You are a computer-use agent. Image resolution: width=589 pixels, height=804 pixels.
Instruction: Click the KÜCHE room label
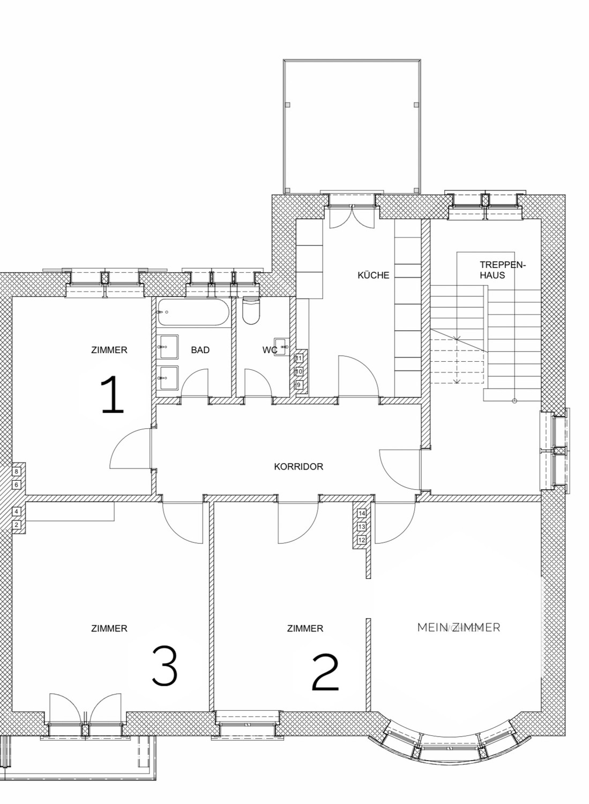[374, 276]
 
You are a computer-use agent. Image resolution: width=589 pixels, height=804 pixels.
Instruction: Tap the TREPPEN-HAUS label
[503, 270]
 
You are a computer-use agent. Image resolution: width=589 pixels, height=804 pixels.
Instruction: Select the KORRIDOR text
[299, 467]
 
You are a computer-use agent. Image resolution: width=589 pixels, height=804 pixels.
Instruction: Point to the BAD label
[200, 350]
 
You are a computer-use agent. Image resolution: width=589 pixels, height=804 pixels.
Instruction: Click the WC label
[270, 350]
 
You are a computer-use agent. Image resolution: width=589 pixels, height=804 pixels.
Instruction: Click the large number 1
[113, 394]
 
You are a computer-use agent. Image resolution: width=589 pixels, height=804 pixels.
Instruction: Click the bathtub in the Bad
[193, 312]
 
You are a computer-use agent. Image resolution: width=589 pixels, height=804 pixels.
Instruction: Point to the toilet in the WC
[250, 310]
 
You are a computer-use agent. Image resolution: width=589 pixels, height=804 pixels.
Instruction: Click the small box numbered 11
[299, 358]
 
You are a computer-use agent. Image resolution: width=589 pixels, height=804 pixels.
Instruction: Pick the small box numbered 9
[299, 385]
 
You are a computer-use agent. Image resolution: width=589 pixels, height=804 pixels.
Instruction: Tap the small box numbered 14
[362, 513]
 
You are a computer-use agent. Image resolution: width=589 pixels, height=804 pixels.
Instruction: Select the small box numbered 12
[362, 540]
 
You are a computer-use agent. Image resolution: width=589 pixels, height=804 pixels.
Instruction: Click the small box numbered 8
[17, 471]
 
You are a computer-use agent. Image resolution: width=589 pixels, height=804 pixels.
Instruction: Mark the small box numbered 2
[17, 525]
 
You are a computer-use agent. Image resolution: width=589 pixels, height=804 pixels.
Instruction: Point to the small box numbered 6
[17, 485]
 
